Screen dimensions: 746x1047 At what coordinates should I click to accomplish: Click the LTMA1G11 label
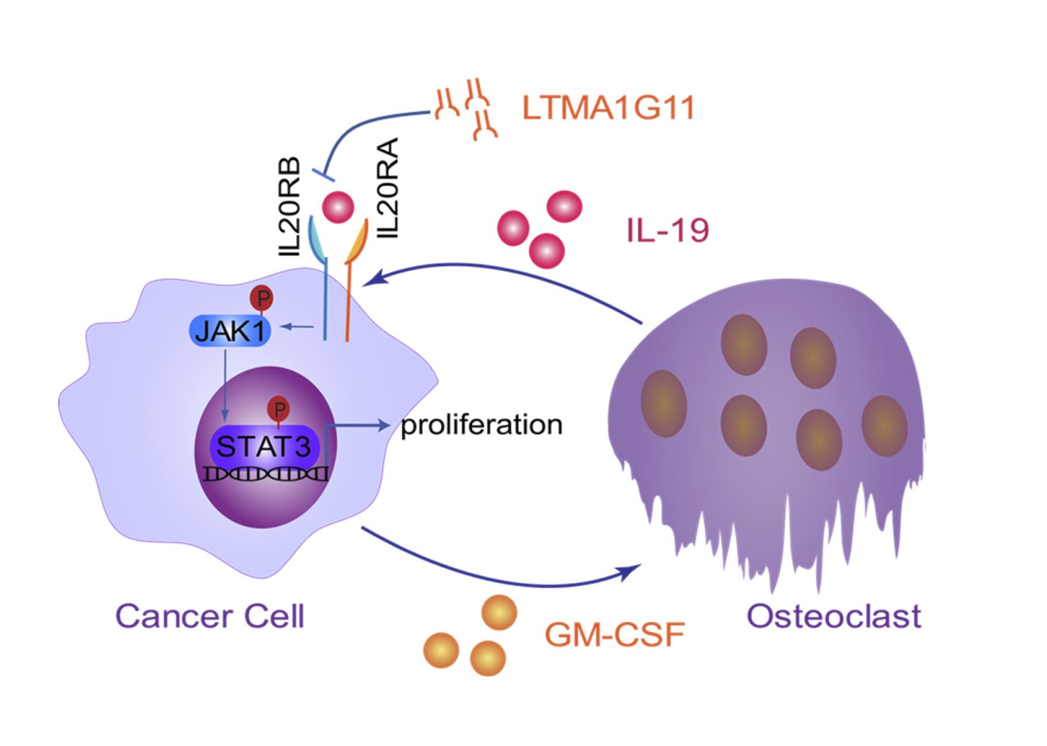[608, 108]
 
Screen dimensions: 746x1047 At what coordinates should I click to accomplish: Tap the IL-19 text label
[667, 231]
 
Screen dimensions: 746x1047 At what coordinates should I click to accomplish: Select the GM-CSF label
[614, 635]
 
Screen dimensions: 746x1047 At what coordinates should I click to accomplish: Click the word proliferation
[481, 425]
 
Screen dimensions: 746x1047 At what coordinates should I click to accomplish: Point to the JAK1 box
[228, 331]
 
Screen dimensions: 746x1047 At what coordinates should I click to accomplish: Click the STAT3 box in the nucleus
[264, 446]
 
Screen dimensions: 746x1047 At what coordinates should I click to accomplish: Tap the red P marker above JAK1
[262, 299]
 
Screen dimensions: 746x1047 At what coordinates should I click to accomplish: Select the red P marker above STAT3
[279, 409]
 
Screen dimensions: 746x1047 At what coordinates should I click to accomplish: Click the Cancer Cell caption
[209, 616]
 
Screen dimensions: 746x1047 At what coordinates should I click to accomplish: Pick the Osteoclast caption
[833, 616]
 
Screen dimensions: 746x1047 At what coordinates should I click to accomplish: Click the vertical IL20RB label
[287, 207]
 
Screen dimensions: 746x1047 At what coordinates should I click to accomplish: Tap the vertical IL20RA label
[388, 188]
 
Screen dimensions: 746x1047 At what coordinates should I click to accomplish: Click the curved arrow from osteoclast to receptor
[508, 269]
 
